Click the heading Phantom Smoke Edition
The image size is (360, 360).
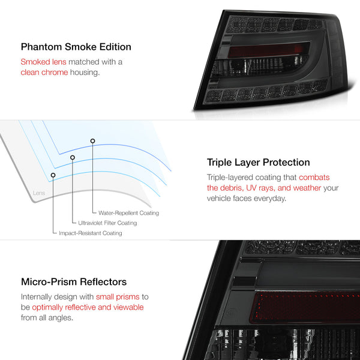tap(76, 47)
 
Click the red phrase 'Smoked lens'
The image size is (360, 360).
tap(43, 62)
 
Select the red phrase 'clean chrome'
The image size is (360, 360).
tap(44, 73)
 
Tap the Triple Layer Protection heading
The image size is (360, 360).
tap(258, 163)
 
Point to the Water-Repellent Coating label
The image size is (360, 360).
tap(128, 213)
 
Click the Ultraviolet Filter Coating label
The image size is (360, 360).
tap(107, 223)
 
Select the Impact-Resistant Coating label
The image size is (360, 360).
tap(91, 233)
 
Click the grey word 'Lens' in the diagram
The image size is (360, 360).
tap(39, 193)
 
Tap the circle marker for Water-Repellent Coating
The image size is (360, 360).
tap(92, 141)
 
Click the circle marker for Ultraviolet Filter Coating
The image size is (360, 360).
tap(73, 157)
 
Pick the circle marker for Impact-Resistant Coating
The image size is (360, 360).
tap(53, 175)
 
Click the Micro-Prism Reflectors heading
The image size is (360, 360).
tap(74, 282)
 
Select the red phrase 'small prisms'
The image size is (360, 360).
tap(118, 296)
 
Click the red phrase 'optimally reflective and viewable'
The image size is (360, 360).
tap(88, 307)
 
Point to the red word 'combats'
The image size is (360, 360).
tap(314, 177)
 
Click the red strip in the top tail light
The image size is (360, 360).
tap(268, 50)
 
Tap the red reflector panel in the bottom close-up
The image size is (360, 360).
tap(305, 308)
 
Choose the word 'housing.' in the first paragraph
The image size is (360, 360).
tap(85, 73)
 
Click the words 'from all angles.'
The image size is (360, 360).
tap(47, 317)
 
